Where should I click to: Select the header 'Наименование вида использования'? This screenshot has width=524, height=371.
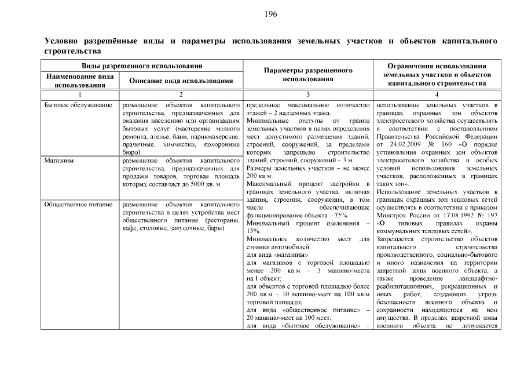point(80,81)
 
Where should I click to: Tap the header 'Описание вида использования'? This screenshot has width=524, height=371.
point(181,81)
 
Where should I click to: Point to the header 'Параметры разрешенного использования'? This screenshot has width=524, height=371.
point(308,74)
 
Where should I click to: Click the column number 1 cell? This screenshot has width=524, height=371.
point(80,94)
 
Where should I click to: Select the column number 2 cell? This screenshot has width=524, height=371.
point(181,94)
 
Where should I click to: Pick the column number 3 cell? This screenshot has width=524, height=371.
point(308,94)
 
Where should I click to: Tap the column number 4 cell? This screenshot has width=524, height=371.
point(437,94)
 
